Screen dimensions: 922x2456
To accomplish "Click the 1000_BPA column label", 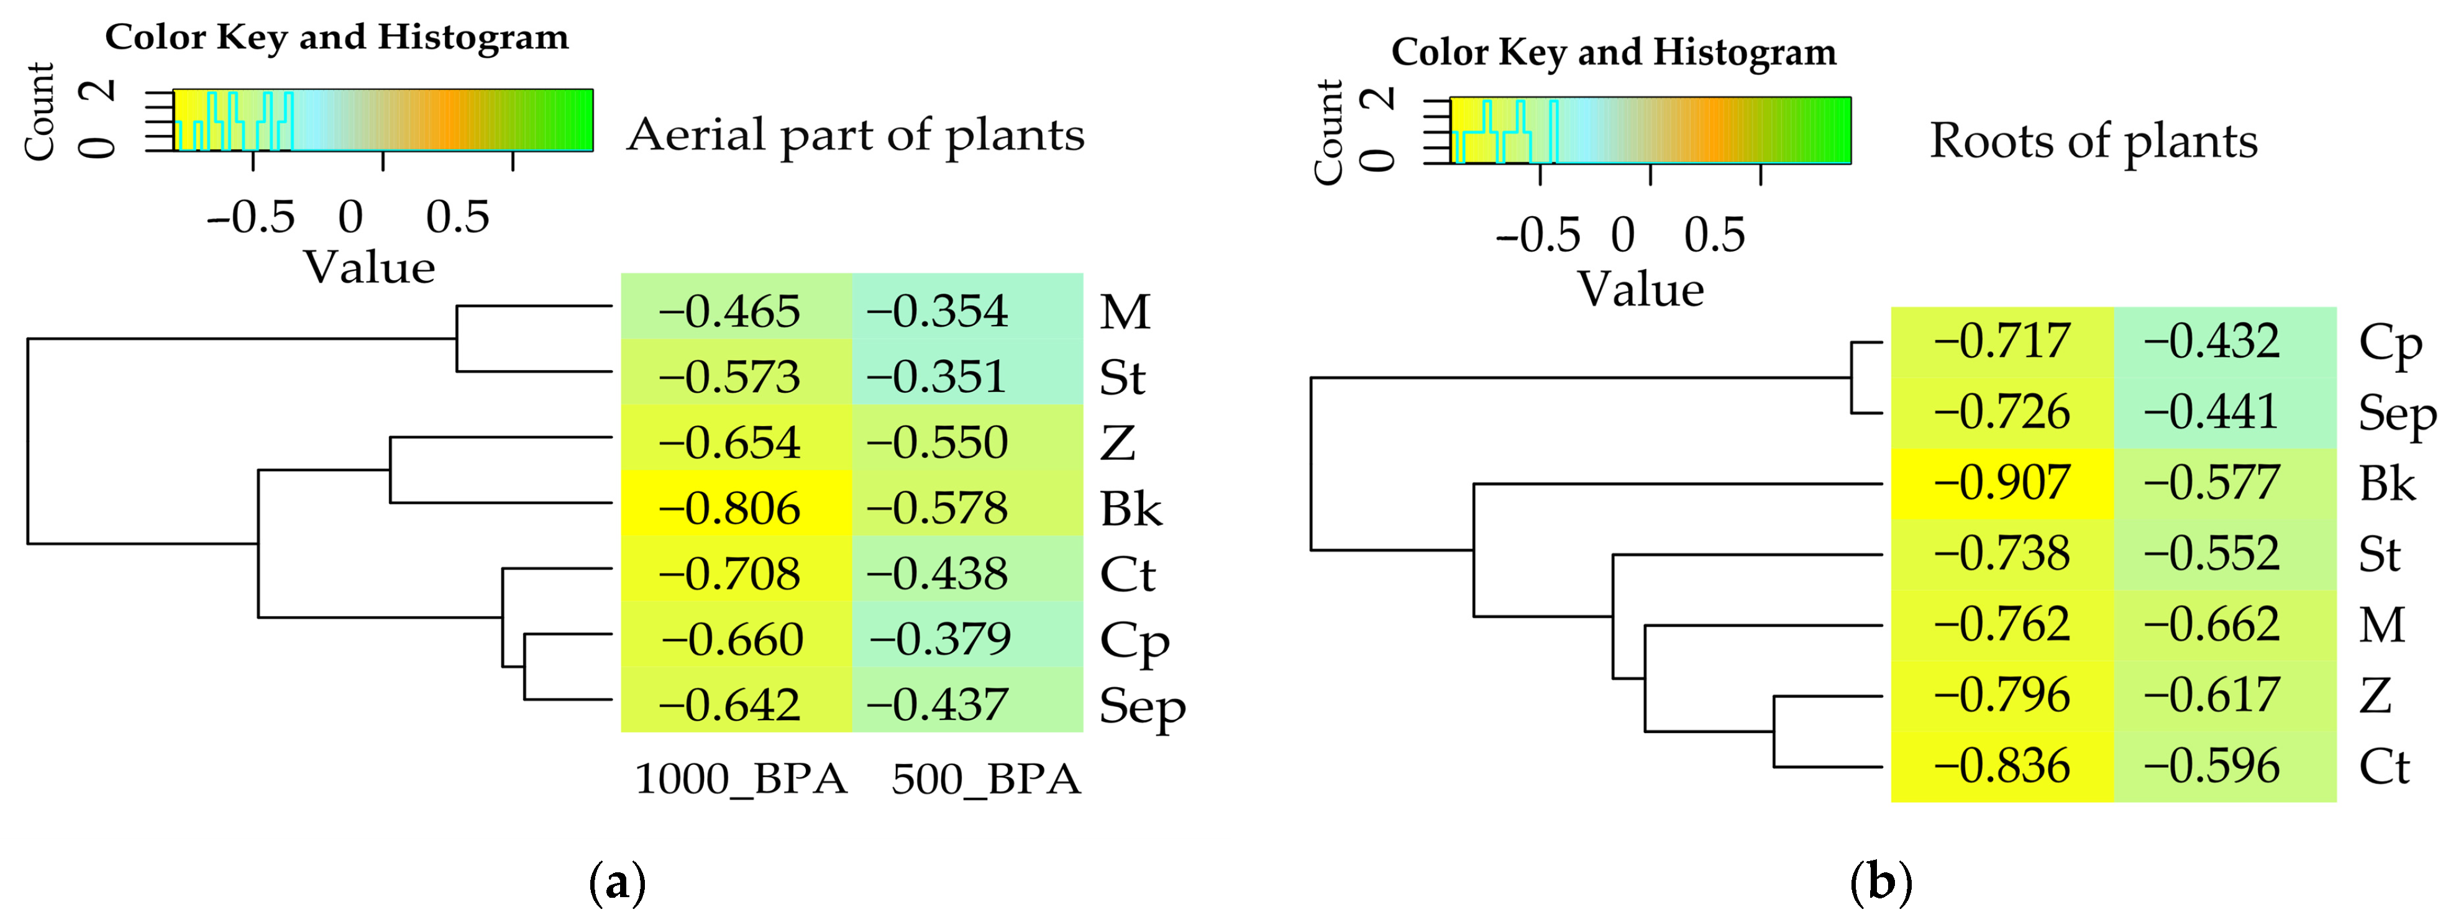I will click(741, 779).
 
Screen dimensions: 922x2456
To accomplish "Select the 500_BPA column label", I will click(985, 779).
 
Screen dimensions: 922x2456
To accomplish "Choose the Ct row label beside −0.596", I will click(2383, 767).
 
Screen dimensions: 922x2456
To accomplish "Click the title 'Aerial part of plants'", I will click(855, 134).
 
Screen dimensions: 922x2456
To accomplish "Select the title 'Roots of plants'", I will click(2094, 141).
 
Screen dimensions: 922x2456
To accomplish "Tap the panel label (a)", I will click(618, 882).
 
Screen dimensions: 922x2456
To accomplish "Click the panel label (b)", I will click(1880, 882).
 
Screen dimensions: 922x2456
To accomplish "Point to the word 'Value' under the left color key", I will click(369, 268).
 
